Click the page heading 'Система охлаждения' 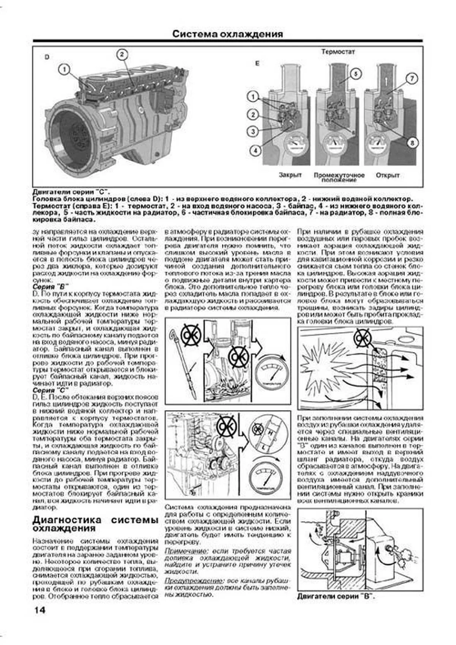[x=227, y=34]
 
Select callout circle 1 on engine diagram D [x=65, y=69]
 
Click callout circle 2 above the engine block [x=122, y=55]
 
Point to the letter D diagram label [x=47, y=57]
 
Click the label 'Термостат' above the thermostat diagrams [x=338, y=52]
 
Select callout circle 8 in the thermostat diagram [x=412, y=143]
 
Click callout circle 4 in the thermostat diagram [x=255, y=151]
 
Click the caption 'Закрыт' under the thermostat [x=290, y=175]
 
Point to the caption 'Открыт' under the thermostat [x=388, y=175]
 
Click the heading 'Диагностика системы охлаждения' [x=95, y=524]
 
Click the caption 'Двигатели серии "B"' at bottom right [x=336, y=596]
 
